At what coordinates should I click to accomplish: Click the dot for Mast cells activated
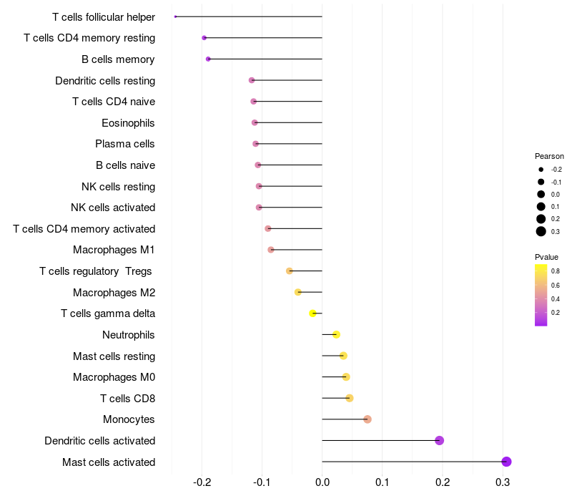(506, 462)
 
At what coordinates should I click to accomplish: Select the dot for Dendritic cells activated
(440, 440)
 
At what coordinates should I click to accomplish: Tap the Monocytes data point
(368, 419)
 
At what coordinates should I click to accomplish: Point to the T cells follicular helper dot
(175, 16)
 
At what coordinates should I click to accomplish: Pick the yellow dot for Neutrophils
(336, 334)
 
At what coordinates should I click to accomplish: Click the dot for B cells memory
(208, 59)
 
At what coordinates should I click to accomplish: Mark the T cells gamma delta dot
(312, 313)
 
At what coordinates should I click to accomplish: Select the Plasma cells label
(125, 144)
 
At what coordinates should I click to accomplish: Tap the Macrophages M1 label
(114, 250)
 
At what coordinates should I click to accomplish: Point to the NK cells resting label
(118, 187)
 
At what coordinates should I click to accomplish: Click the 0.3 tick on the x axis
(503, 482)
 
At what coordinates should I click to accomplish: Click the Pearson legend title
(549, 156)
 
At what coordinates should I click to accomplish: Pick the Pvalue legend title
(546, 257)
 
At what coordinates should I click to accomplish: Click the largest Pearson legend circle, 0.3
(541, 231)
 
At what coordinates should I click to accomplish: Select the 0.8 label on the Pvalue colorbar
(556, 271)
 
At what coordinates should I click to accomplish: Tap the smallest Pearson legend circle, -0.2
(541, 170)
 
